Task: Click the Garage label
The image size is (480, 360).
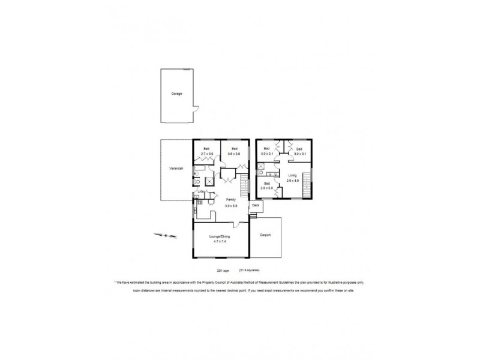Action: pos(176,94)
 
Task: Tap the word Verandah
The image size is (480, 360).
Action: pos(175,169)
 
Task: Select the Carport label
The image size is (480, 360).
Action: pos(265,235)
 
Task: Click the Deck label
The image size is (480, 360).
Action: pos(256,205)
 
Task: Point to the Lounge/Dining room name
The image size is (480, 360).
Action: pos(219,237)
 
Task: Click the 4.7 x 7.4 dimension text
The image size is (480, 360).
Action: pos(219,242)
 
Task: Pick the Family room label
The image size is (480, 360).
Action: pos(231,200)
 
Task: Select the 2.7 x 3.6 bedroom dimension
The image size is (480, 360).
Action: pos(207,154)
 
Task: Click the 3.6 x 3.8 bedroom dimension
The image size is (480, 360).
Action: pos(235,154)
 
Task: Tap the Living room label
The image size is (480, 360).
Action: pos(293,175)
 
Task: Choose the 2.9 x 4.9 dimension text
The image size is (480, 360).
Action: pos(293,181)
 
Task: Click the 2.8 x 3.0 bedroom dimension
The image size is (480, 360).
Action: pos(267,188)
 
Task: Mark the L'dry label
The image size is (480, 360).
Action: pos(202,191)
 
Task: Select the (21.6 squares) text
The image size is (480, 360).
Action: pos(250,270)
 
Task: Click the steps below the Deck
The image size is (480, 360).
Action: pos(256,214)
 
